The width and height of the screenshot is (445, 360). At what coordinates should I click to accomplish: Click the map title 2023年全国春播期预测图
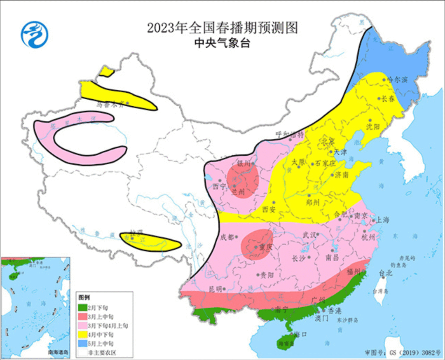click(222, 28)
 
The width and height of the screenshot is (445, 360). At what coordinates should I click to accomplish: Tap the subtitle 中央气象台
click(222, 43)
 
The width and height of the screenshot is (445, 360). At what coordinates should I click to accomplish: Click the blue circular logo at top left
click(35, 35)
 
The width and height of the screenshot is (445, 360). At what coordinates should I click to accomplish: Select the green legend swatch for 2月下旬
click(83, 307)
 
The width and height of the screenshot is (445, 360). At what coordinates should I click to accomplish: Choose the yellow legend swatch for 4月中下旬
click(83, 334)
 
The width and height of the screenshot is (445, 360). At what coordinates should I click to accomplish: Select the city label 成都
click(227, 237)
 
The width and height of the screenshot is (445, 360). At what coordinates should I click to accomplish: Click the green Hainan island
click(285, 342)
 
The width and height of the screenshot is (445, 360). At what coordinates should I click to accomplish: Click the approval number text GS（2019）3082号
click(403, 353)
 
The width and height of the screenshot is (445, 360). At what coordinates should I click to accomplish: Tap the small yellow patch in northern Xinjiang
click(107, 72)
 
